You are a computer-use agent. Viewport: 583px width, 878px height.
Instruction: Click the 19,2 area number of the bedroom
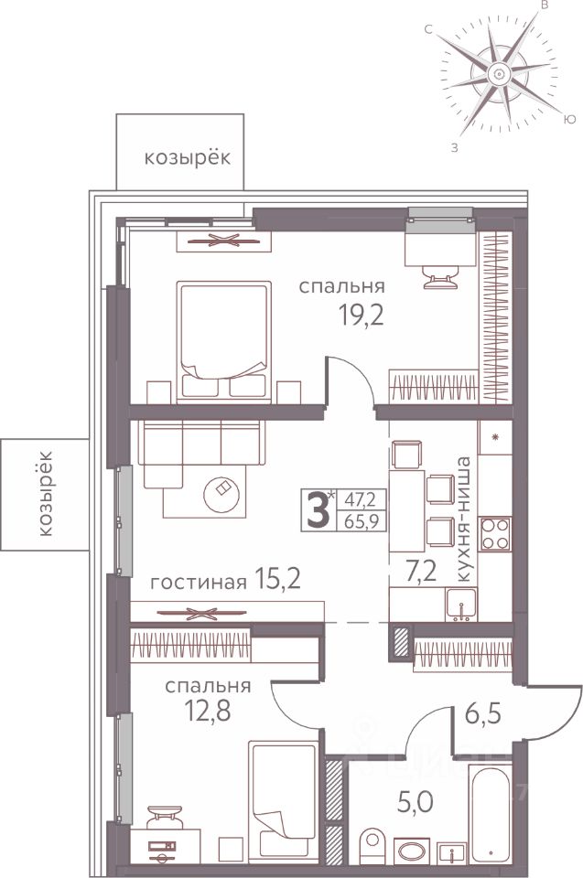[x=362, y=316]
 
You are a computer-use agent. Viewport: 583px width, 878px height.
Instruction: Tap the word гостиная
[x=199, y=583]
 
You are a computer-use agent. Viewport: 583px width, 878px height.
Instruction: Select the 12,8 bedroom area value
[x=208, y=710]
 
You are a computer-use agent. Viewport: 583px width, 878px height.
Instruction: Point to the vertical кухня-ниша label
[x=464, y=519]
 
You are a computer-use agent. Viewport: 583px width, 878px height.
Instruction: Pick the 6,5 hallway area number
[x=482, y=714]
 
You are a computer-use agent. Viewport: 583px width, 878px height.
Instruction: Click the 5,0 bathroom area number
[x=416, y=804]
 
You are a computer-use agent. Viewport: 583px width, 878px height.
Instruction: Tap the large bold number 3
[x=317, y=510]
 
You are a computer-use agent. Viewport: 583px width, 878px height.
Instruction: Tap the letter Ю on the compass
[x=569, y=119]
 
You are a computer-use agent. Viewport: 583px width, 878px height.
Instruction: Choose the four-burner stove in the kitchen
[x=495, y=533]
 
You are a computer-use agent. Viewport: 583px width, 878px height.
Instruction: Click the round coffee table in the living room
[x=223, y=493]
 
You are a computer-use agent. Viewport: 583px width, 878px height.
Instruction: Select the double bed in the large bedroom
[x=223, y=341]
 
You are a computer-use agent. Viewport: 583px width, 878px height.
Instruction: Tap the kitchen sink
[x=461, y=605]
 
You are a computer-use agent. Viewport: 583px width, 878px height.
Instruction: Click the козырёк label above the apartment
[x=188, y=158]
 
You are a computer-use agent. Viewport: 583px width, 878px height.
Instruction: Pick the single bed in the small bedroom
[x=284, y=801]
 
